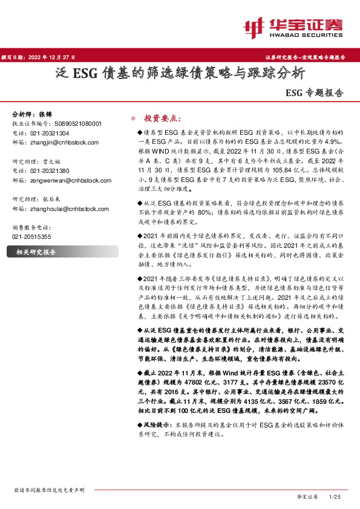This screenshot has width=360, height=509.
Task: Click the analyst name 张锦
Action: (x=46, y=114)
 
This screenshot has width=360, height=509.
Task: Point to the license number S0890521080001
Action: (x=74, y=123)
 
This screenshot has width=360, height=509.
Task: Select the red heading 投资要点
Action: (x=159, y=118)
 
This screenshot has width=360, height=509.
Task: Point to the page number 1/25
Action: (x=335, y=496)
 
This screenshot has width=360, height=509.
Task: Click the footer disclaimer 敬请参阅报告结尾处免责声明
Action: (x=49, y=490)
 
